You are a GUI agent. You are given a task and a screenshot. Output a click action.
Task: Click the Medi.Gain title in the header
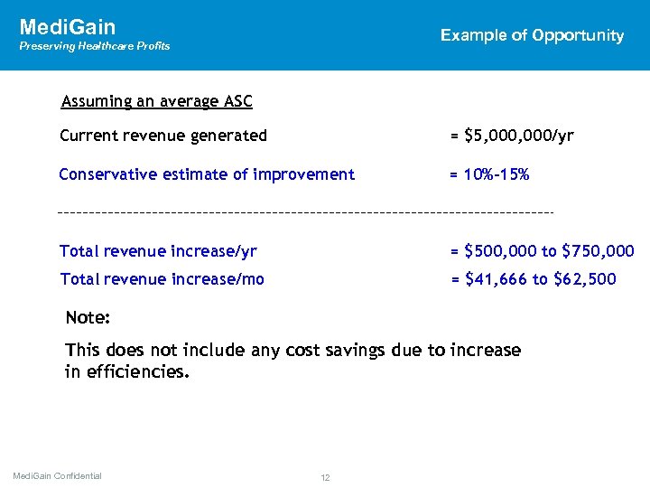(x=68, y=27)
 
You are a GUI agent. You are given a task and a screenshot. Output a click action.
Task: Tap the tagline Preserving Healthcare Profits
(x=95, y=46)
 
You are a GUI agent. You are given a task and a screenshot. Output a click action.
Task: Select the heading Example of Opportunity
(x=532, y=35)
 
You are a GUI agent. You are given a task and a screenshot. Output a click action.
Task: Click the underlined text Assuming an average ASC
(x=156, y=101)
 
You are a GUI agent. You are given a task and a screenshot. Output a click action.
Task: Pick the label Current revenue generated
(x=163, y=136)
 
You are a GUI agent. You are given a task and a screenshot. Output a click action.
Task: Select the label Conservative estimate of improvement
(x=207, y=174)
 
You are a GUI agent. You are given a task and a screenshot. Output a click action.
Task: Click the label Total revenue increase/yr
(x=158, y=251)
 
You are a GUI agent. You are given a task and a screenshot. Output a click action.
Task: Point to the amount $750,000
(x=598, y=251)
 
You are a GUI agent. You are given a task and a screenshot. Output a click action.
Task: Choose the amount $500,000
(x=499, y=251)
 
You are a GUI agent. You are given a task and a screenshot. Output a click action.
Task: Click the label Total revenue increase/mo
(x=162, y=279)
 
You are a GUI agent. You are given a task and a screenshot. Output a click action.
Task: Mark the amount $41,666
(x=495, y=279)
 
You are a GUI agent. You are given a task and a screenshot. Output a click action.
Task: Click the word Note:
(x=88, y=319)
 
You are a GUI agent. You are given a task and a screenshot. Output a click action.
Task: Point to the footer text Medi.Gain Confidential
(x=58, y=476)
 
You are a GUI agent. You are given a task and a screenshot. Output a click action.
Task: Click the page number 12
(x=326, y=477)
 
